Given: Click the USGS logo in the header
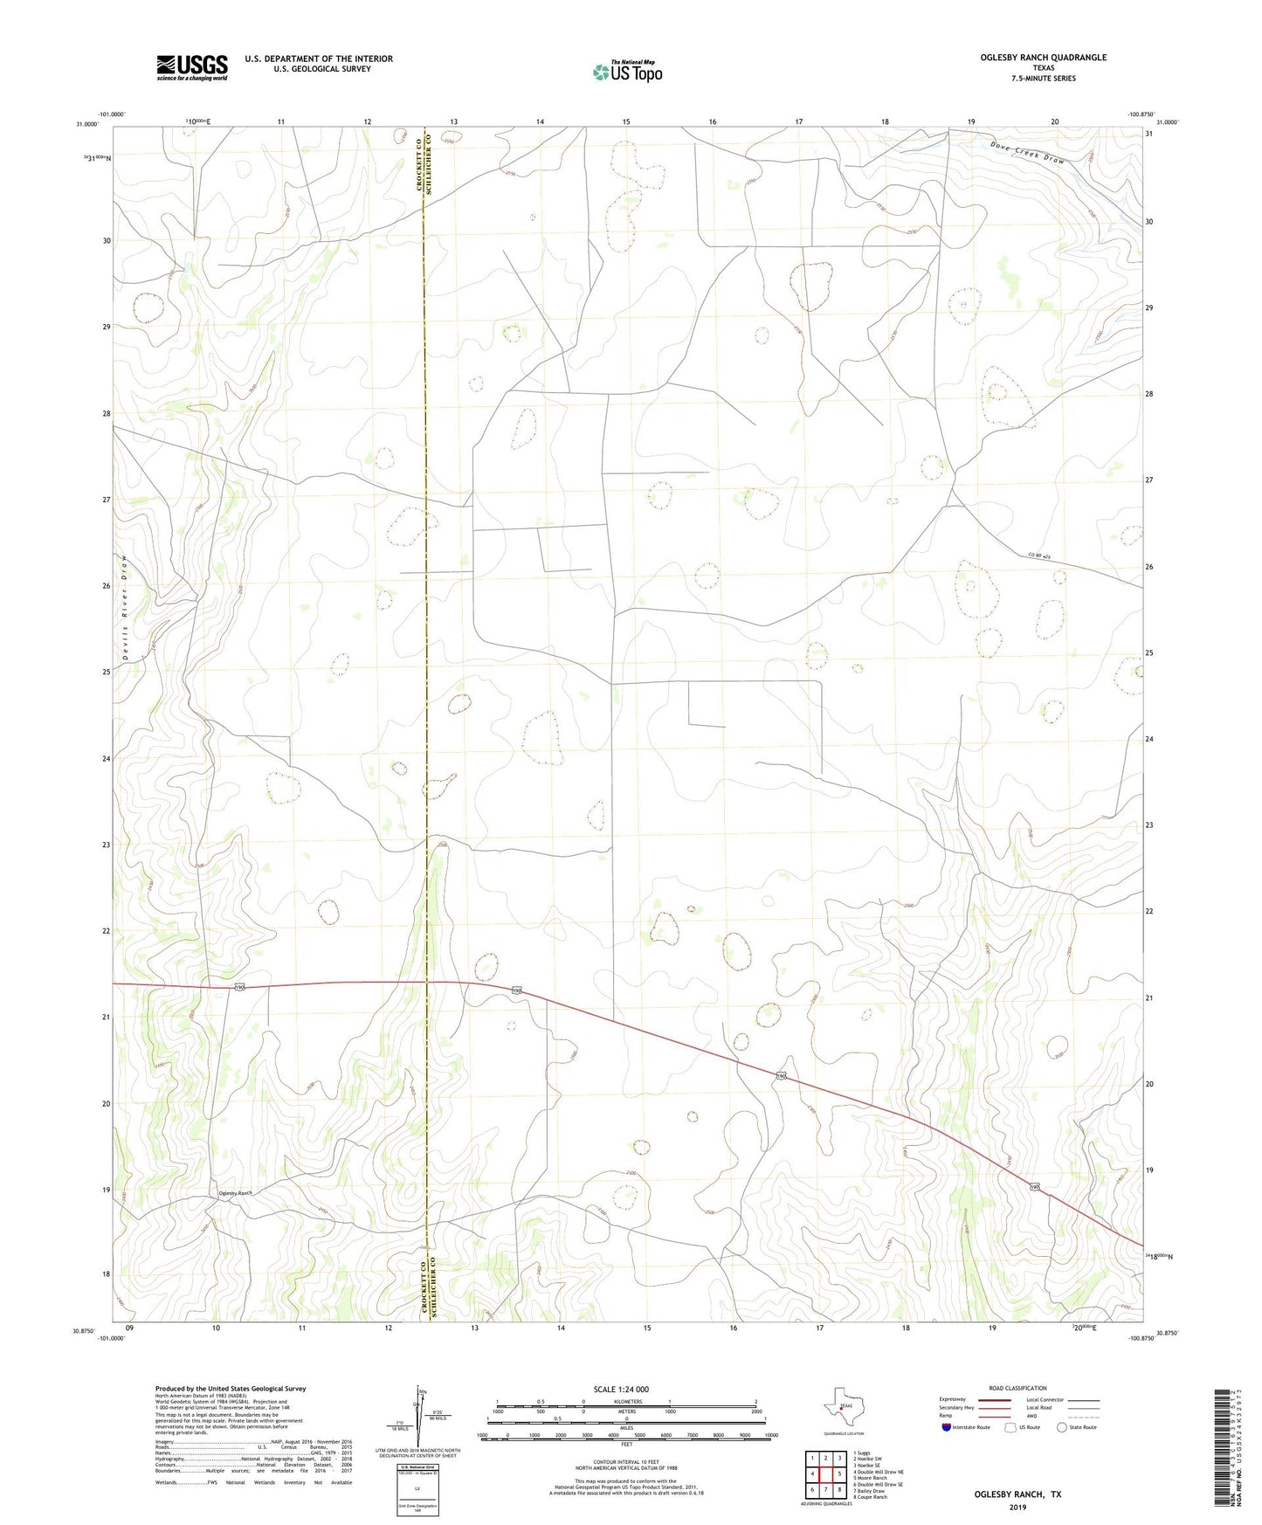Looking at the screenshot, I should click(x=192, y=67).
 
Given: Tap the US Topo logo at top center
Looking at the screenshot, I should click(x=626, y=72).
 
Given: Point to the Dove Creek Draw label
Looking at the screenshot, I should click(x=1029, y=155).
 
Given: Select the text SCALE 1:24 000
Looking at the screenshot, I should click(x=621, y=1389).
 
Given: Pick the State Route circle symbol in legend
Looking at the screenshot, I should click(x=1061, y=1427).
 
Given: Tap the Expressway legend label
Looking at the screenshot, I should click(x=953, y=1399).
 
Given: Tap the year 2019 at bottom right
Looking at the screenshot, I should click(x=1017, y=1507).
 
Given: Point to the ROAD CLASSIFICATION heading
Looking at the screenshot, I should click(x=1017, y=1388).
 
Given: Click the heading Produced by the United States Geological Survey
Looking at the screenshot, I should click(x=231, y=1388).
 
